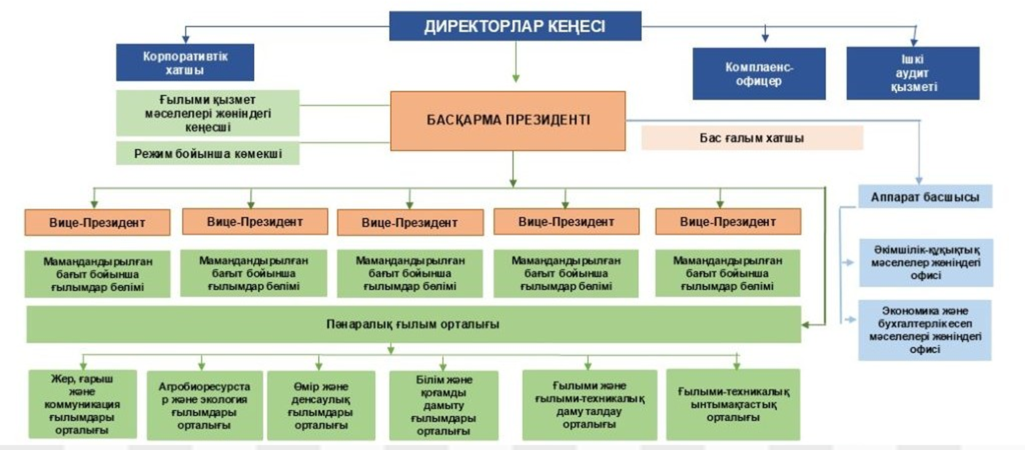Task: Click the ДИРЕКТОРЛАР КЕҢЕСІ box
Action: [515, 26]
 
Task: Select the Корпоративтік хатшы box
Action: [185, 62]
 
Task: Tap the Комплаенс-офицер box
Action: [759, 74]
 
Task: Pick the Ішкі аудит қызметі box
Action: [913, 73]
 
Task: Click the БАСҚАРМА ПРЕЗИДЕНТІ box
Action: [507, 120]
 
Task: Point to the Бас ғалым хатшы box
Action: [752, 138]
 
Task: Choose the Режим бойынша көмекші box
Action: [208, 153]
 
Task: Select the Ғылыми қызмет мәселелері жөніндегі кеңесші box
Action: [208, 113]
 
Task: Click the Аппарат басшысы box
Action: [925, 197]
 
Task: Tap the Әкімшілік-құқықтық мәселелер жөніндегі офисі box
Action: [926, 262]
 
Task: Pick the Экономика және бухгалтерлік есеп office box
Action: [925, 330]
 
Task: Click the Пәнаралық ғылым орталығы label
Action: [413, 324]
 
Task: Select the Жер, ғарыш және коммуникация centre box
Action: [83, 404]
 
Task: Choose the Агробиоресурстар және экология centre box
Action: [204, 405]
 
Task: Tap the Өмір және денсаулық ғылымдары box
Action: [321, 405]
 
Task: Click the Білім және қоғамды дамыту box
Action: [443, 405]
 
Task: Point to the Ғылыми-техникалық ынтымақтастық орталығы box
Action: [733, 404]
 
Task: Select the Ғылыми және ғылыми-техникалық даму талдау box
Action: [589, 405]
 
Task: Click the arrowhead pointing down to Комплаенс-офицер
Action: [765, 38]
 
